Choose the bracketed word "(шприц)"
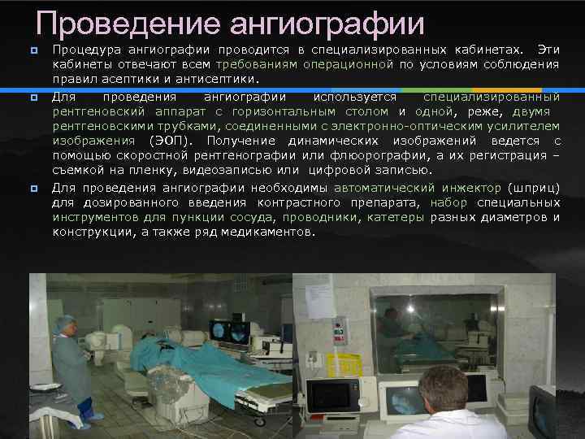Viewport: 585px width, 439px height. [x=533, y=188]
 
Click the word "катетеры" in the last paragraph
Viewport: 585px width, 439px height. [x=395, y=217]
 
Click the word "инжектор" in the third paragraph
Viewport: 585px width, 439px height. [x=469, y=188]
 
